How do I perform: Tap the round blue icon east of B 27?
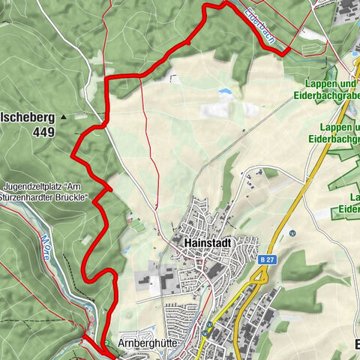tap(293, 232)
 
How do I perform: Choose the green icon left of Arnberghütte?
tap(106, 343)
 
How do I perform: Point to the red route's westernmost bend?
tap(72, 156)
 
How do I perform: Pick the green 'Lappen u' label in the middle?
tap(334, 127)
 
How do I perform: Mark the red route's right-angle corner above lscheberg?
tap(107, 78)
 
